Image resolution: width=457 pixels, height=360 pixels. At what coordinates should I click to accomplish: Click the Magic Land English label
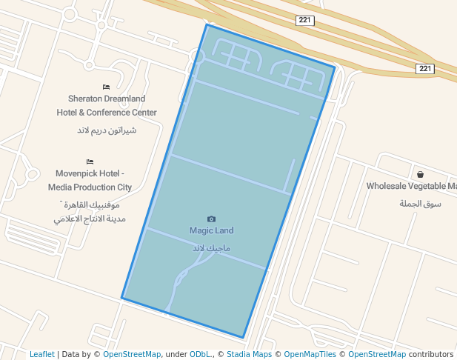coord(211,230)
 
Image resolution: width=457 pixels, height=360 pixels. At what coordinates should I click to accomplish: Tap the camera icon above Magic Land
coord(212,219)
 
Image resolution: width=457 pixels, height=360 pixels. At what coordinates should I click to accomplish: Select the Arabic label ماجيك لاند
coord(211,247)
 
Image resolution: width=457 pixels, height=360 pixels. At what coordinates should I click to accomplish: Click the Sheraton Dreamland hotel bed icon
coord(107,87)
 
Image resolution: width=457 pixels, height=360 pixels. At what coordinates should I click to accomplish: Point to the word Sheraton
coord(87,99)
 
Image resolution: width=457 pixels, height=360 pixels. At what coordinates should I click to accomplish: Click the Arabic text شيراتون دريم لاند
coord(107,130)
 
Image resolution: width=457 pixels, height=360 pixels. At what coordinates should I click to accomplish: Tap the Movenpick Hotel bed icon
coord(90,161)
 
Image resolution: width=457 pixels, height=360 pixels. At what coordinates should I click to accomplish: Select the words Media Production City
coord(90,187)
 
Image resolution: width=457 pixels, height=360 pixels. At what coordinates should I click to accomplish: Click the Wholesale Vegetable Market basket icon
coord(420,175)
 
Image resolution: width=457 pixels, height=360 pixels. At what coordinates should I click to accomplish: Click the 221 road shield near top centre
coord(304,20)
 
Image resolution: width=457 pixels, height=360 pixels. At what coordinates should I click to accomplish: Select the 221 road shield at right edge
coord(424,69)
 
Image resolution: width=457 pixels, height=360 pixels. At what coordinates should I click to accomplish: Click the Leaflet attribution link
coord(41,355)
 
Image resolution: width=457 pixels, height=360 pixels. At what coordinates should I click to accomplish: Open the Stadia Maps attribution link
coord(249,355)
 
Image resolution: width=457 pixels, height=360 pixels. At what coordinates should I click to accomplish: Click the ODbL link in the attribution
coord(200,355)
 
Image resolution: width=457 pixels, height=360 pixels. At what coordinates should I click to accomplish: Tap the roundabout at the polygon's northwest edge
coord(197,56)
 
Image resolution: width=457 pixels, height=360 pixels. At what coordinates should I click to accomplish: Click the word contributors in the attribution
coord(430,355)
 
